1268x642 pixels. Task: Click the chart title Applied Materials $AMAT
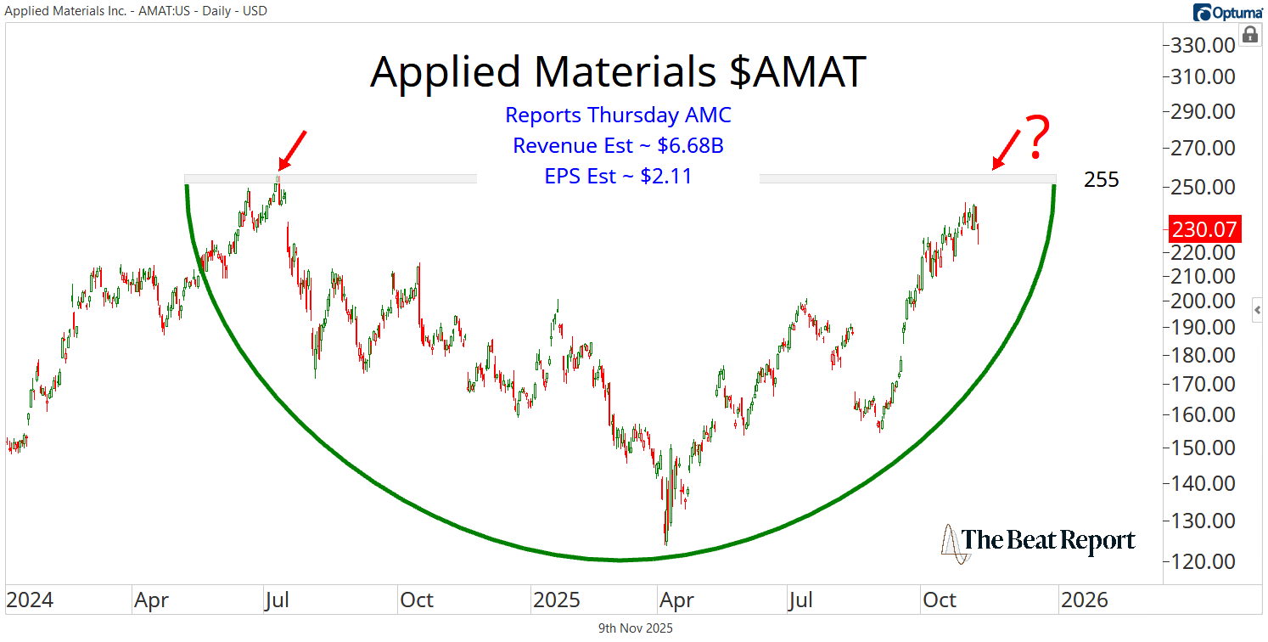(617, 72)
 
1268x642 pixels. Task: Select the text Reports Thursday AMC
(618, 115)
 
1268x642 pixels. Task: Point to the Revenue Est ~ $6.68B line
(618, 146)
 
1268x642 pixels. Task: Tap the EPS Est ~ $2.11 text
(618, 177)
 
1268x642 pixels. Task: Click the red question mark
(1037, 138)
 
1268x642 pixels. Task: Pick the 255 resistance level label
(1102, 180)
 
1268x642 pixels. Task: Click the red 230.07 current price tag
(1204, 229)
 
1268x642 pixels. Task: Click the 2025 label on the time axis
(556, 600)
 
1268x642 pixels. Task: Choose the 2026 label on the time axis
(1084, 600)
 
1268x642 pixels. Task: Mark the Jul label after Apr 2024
(277, 600)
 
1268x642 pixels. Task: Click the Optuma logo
(1227, 12)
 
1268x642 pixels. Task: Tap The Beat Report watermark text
(1048, 541)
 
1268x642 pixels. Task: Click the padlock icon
(1250, 35)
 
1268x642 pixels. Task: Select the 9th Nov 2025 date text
(636, 629)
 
